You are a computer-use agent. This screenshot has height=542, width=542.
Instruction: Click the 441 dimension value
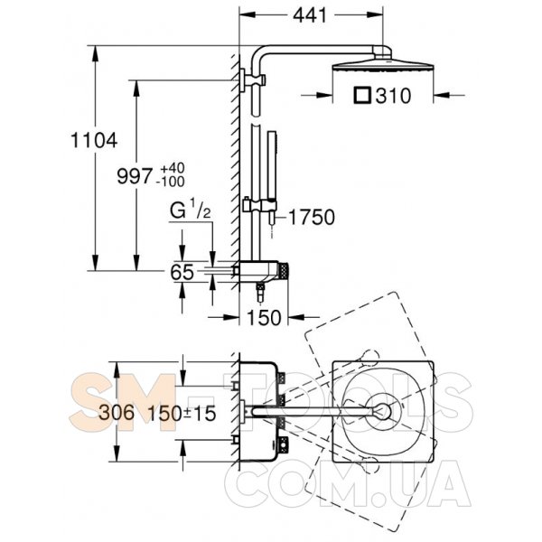(x=311, y=15)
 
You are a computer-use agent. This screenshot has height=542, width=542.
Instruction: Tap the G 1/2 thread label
(x=192, y=213)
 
